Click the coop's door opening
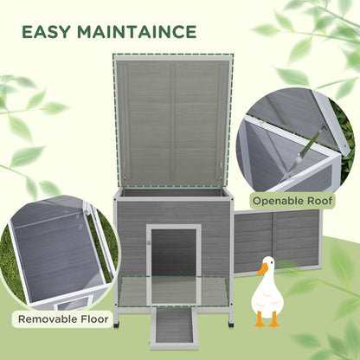174,252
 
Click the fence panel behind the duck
277,238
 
